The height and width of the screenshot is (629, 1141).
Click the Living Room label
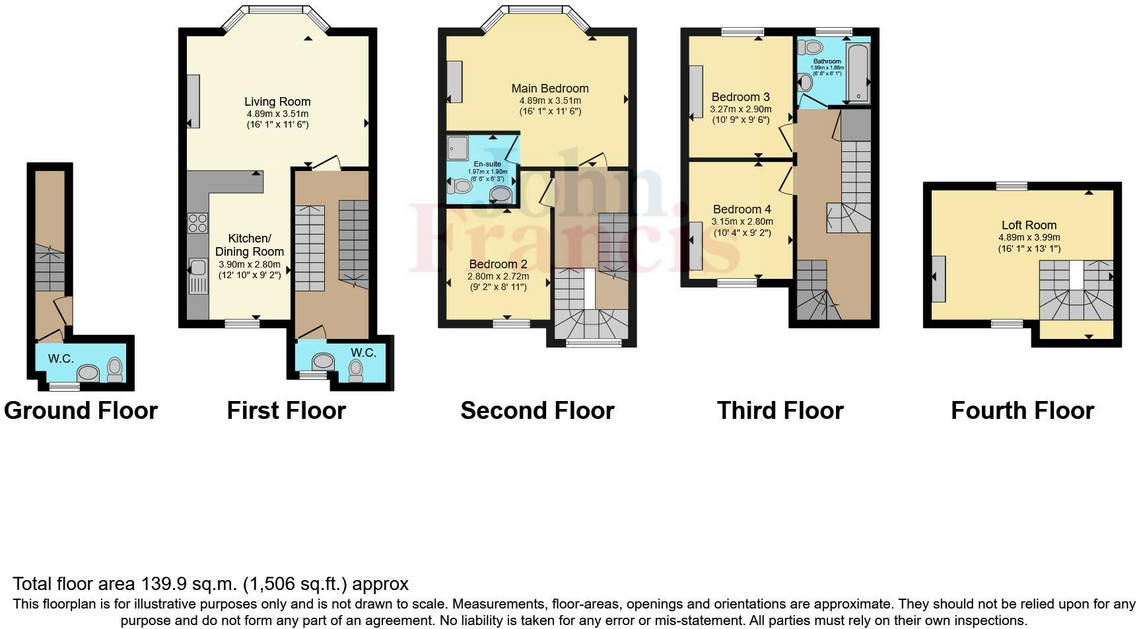click(277, 102)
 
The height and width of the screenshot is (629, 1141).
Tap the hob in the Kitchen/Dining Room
click(197, 223)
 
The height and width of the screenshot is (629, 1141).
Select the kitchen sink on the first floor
click(197, 268)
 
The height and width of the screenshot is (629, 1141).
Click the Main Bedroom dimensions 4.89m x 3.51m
click(549, 100)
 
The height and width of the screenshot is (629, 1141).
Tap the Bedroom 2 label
click(498, 264)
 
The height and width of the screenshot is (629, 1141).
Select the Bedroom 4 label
click(742, 209)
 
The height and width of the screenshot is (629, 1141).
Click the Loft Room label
click(1028, 225)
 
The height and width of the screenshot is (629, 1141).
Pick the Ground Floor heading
click(81, 410)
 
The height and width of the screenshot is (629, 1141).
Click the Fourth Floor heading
click(1022, 410)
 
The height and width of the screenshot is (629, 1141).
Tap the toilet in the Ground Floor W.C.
click(115, 369)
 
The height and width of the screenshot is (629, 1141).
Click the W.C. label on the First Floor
click(363, 353)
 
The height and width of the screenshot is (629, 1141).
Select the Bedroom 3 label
click(740, 97)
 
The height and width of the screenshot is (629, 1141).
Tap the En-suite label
click(487, 164)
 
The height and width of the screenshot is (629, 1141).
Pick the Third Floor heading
click(780, 410)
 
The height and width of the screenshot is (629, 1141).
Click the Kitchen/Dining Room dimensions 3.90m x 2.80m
click(250, 264)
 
